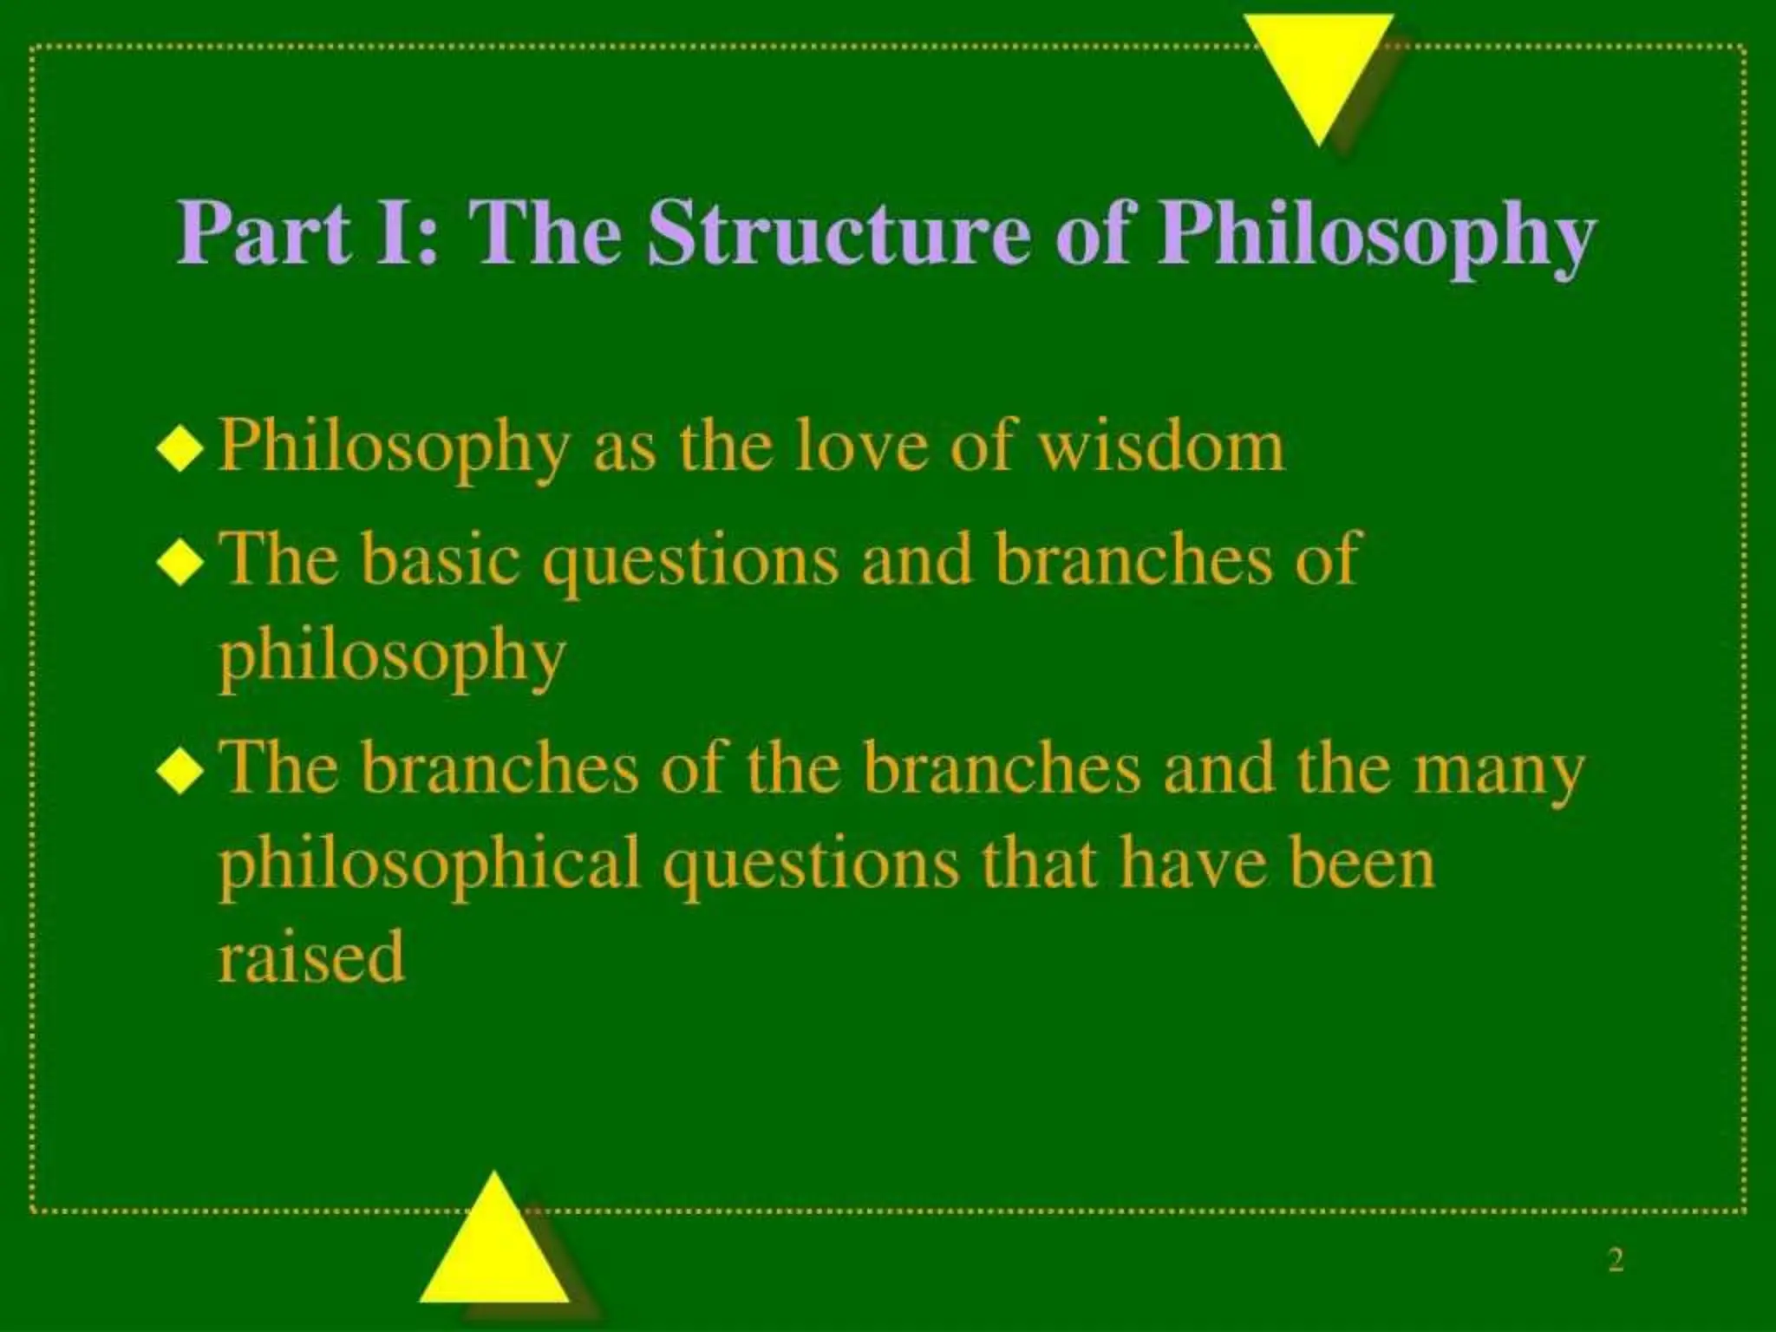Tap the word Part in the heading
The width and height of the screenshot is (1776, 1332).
(264, 234)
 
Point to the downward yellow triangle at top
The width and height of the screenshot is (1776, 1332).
(1318, 69)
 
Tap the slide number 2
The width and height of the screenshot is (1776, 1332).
(1615, 1260)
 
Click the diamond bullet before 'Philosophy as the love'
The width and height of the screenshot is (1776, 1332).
(180, 450)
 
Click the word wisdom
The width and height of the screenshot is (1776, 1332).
(1161, 447)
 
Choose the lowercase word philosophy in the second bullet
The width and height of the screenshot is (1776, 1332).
(391, 659)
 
